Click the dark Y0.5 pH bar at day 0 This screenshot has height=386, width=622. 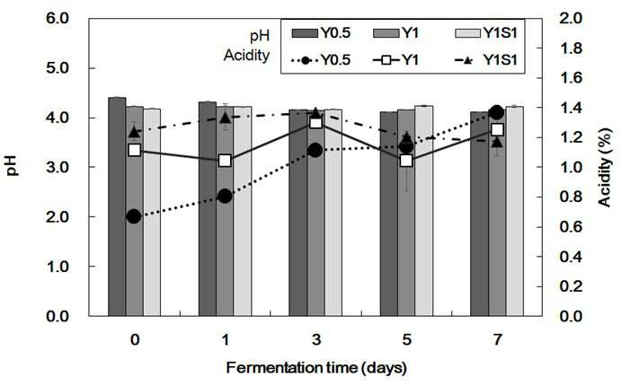coord(117,206)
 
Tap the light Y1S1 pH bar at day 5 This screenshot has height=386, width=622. coord(424,211)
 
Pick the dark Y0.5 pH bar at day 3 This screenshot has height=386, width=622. coord(298,213)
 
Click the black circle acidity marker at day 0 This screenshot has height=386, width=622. coord(134,216)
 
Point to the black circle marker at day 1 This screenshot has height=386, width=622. coord(225,196)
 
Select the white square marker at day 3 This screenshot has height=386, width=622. coord(315,123)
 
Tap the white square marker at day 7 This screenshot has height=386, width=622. coord(497,129)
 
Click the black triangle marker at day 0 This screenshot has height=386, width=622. coord(134,132)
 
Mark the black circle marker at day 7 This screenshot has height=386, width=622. coord(497,112)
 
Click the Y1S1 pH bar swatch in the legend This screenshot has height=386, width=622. coord(467,33)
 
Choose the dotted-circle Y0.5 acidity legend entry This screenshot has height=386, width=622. coord(321,61)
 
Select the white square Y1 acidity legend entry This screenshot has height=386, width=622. coord(395,61)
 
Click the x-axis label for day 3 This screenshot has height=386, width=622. coord(315,340)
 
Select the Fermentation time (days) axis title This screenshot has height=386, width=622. coord(316,368)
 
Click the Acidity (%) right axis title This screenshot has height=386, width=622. coord(605,168)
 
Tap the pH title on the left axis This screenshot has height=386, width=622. coord(13,166)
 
